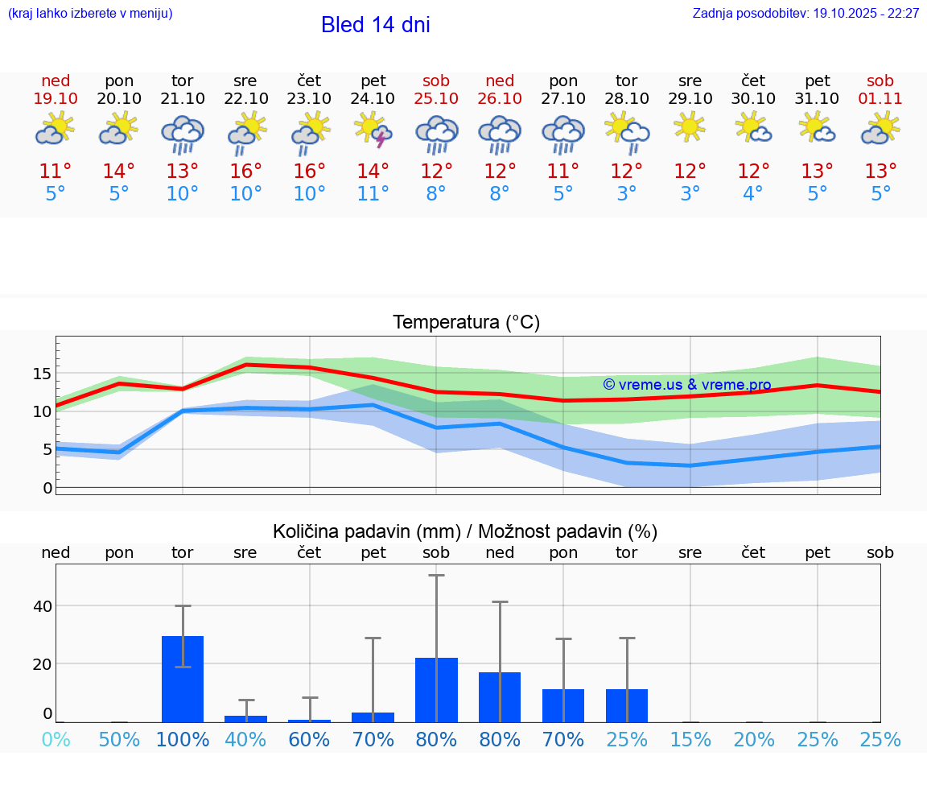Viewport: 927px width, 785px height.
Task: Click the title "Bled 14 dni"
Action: pyautogui.click(x=375, y=25)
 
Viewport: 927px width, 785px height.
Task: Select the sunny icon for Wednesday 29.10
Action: pyautogui.click(x=690, y=127)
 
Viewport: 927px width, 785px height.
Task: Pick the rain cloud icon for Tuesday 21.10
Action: pyautogui.click(x=183, y=134)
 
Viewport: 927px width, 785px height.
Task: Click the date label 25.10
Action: pyautogui.click(x=436, y=98)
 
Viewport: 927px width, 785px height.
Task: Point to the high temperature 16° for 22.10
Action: pyautogui.click(x=246, y=171)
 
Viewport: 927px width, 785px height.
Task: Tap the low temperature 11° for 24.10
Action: pyautogui.click(x=373, y=194)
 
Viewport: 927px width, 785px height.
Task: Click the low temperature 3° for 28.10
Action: pyautogui.click(x=627, y=194)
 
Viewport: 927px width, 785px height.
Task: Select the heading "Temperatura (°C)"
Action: pyautogui.click(x=466, y=323)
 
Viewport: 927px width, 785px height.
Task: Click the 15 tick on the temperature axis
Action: pyautogui.click(x=42, y=374)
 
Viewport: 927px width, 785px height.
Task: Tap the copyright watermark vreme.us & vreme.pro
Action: pyautogui.click(x=686, y=385)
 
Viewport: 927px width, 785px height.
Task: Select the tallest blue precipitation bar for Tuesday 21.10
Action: pyautogui.click(x=183, y=679)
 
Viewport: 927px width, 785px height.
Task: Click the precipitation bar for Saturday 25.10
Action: pyautogui.click(x=436, y=689)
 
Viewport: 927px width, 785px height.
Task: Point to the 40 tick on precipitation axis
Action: pyautogui.click(x=42, y=606)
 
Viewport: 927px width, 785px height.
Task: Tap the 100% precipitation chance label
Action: pyautogui.click(x=183, y=740)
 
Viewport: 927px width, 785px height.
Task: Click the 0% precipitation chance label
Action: pyautogui.click(x=56, y=740)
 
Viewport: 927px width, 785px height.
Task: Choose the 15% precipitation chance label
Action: pyautogui.click(x=690, y=740)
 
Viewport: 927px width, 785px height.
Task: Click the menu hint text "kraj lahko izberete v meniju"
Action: pyautogui.click(x=89, y=14)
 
